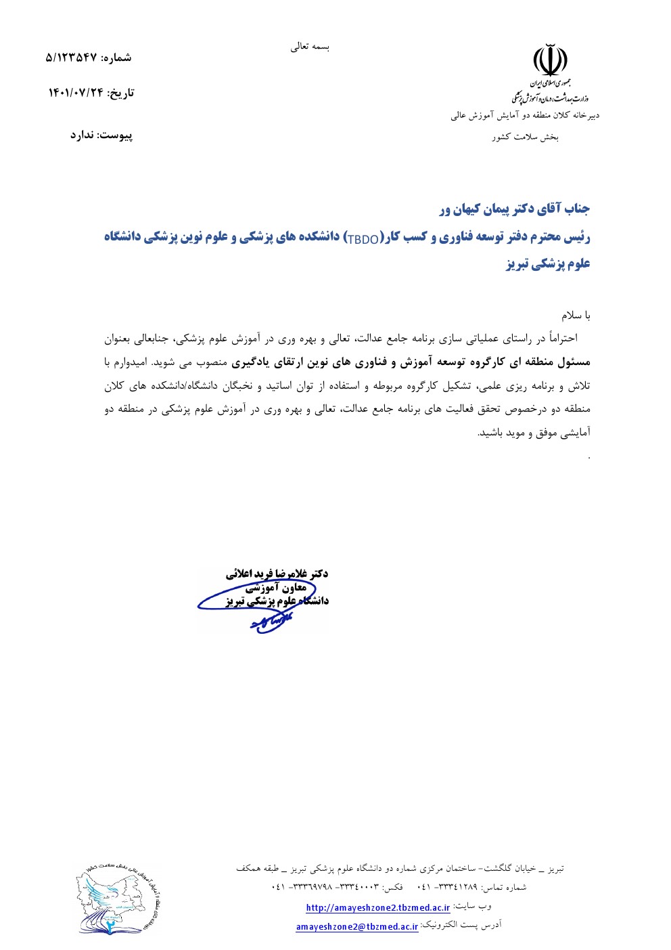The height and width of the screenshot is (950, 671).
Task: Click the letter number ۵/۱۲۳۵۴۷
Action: pyautogui.click(x=70, y=58)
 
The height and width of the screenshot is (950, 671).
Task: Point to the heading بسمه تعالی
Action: pyautogui.click(x=310, y=47)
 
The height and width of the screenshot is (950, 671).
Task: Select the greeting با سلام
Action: pyautogui.click(x=576, y=316)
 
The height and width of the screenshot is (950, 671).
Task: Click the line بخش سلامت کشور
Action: pyautogui.click(x=525, y=137)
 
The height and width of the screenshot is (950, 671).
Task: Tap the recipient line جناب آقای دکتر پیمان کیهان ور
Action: pyautogui.click(x=514, y=209)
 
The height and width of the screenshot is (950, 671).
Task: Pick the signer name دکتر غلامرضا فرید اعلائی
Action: pyautogui.click(x=277, y=574)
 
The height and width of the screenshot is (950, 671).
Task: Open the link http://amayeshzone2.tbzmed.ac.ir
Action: pyautogui.click(x=377, y=907)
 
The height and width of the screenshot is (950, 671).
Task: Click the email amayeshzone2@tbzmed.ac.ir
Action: pyautogui.click(x=357, y=927)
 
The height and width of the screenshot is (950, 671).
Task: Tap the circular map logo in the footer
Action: pyautogui.click(x=118, y=899)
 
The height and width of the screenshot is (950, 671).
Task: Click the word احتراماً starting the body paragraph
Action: pyautogui.click(x=573, y=338)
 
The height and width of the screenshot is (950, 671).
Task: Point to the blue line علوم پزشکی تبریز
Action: pyautogui.click(x=548, y=264)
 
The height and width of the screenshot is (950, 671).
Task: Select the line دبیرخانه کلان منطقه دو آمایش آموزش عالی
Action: pyautogui.click(x=525, y=116)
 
